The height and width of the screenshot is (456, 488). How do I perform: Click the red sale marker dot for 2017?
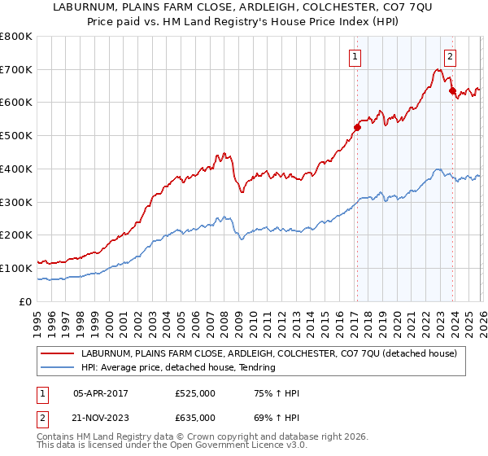pyautogui.click(x=357, y=127)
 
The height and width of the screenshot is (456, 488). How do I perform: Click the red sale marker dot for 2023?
pyautogui.click(x=453, y=90)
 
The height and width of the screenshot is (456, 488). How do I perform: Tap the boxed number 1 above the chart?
pyautogui.click(x=356, y=56)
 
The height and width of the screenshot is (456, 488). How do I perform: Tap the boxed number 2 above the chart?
pyautogui.click(x=450, y=56)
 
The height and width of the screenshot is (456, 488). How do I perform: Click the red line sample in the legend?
pyautogui.click(x=57, y=354)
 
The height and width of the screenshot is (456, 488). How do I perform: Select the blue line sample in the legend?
pyautogui.click(x=57, y=368)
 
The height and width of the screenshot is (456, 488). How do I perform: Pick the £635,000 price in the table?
pyautogui.click(x=195, y=417)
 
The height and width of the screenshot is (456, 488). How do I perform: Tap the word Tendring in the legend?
pyautogui.click(x=257, y=368)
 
